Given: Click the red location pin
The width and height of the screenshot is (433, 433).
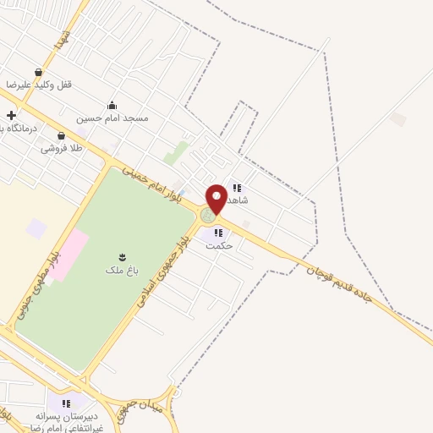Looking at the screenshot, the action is [216, 198].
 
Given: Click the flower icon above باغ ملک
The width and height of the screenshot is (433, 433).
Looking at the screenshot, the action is [123, 256].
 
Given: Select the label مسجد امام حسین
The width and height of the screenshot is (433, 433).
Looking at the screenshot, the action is [112, 118].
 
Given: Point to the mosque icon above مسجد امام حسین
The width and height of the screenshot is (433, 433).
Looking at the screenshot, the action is [112, 106].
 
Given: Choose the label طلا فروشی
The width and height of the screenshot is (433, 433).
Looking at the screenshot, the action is [63, 148].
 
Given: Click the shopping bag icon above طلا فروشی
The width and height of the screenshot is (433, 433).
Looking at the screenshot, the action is [61, 135].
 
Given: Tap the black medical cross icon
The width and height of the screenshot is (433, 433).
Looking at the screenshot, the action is [11, 115].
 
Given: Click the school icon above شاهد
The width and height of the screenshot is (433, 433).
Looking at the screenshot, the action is [238, 188].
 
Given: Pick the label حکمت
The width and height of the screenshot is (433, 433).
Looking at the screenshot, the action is [218, 245].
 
